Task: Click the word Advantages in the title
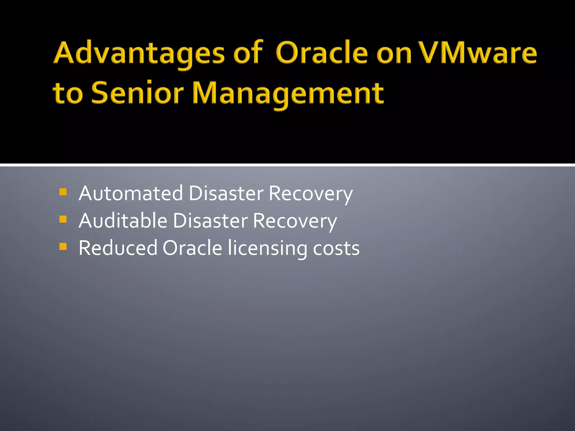coord(139,53)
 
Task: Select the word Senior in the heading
coord(138,93)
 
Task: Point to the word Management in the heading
coord(288,94)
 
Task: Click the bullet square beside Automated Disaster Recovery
coord(63,192)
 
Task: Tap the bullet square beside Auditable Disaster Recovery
coord(63,219)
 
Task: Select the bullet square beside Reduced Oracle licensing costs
coord(63,246)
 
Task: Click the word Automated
coord(131,194)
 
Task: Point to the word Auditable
coord(123,221)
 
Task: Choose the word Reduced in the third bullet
coord(118,248)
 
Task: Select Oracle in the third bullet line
coord(192,248)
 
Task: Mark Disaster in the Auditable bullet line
coord(210,221)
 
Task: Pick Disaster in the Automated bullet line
coord(226,194)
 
